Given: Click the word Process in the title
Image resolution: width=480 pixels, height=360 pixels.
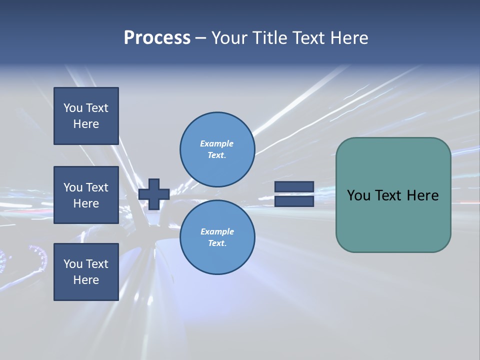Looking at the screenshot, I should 157,38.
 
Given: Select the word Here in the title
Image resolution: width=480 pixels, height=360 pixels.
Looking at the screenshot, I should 348,38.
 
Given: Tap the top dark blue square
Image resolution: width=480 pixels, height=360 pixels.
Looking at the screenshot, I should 86,116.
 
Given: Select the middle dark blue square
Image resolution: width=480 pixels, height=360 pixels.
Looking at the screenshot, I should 86,195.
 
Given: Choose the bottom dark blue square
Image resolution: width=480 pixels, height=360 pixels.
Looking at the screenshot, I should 86,272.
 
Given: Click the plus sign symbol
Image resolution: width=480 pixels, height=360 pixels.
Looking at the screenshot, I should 154,194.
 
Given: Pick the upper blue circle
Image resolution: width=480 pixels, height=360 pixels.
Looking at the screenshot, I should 217,149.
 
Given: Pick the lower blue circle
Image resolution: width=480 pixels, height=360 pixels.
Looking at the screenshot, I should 217,237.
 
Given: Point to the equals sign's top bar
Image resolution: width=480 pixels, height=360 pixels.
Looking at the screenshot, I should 294,186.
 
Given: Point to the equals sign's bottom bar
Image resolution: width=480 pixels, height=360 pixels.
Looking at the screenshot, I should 294,201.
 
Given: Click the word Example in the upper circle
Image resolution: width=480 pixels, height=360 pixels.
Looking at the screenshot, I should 216,143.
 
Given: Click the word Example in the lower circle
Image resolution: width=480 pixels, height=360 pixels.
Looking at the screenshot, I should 217,231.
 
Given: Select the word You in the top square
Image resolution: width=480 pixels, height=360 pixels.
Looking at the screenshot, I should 73,108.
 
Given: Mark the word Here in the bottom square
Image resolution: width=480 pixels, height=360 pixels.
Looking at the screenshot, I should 86,280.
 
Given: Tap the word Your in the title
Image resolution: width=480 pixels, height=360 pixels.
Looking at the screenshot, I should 229,38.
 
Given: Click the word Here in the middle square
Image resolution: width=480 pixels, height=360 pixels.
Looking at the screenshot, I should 86,203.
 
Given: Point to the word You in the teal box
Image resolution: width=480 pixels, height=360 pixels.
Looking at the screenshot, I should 358,195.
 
